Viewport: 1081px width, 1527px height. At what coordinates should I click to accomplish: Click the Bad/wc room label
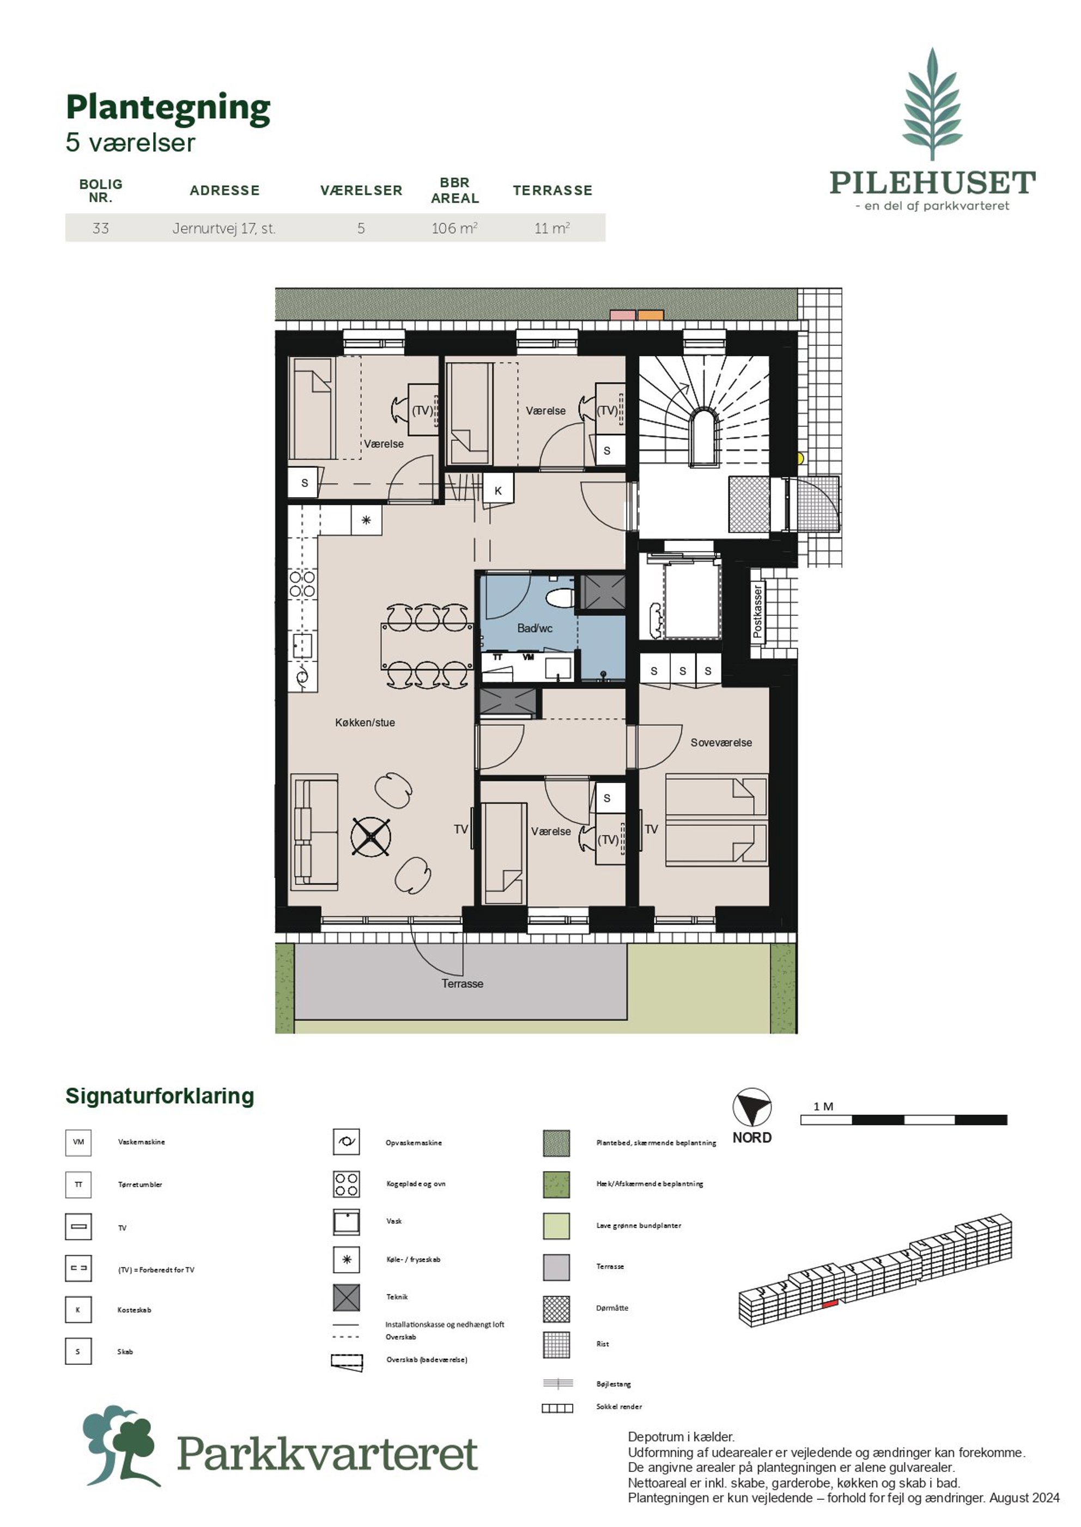click(535, 628)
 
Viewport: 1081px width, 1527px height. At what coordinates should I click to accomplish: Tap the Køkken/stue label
click(365, 723)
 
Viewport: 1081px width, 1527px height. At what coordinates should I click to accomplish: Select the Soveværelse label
click(721, 743)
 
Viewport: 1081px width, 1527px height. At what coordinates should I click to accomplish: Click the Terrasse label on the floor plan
click(462, 984)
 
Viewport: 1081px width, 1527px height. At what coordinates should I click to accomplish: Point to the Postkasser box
click(757, 612)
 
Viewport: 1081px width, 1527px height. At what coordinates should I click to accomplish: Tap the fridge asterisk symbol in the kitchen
click(366, 520)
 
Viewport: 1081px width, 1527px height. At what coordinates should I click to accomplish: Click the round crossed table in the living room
click(371, 836)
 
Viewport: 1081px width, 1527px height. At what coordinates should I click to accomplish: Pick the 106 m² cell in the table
click(454, 228)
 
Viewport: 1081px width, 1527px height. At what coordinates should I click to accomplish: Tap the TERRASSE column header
click(552, 190)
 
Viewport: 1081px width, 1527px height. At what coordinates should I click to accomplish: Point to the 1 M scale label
click(823, 1107)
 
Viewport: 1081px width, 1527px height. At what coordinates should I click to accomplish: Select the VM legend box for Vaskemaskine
click(78, 1143)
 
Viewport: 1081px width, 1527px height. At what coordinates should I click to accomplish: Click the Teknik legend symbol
click(346, 1297)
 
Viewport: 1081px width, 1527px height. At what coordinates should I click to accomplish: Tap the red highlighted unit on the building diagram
click(829, 1305)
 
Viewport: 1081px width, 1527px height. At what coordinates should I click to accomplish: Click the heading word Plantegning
click(168, 108)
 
